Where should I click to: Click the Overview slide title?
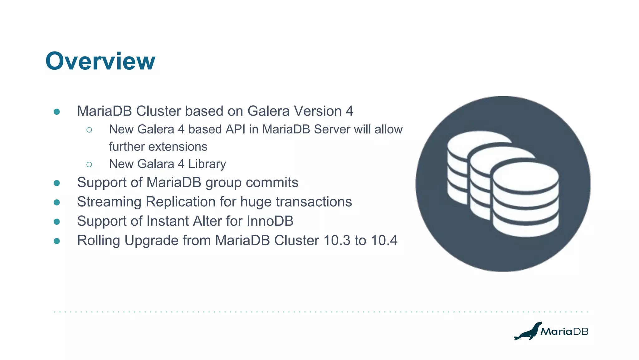point(100,61)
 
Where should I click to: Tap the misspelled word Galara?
point(156,164)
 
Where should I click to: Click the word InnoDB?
point(270,221)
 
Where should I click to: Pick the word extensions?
point(178,147)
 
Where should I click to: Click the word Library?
point(207,164)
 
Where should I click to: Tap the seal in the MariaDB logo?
point(528,332)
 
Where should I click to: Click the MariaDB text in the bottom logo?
point(564,332)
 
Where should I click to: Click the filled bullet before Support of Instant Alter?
point(57,222)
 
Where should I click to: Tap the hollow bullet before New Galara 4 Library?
point(89,164)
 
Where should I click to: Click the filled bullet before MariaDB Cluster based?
point(57,112)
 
